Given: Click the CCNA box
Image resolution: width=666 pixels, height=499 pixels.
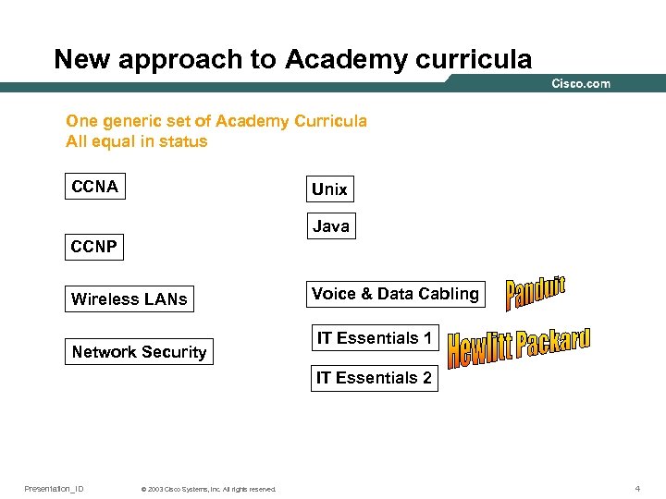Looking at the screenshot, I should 95,187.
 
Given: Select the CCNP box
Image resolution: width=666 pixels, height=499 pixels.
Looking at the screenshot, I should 95,247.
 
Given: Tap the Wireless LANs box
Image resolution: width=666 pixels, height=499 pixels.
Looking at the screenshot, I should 129,298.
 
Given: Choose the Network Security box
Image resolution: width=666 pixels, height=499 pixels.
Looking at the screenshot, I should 139,351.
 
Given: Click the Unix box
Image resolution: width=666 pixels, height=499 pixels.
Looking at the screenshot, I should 329,189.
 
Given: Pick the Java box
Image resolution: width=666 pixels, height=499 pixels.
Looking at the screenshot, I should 330,225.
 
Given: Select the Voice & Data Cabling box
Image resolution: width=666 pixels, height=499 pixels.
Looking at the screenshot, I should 395,294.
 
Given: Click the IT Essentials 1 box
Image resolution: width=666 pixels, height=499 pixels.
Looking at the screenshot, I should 375,338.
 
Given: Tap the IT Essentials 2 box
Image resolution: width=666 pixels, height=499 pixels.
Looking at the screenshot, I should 374,377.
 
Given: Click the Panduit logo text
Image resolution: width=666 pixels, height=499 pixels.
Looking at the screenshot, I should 535,293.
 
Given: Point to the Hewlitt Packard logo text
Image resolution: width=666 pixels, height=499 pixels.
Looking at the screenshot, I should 518,347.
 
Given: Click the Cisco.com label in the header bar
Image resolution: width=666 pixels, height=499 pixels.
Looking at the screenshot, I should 581,84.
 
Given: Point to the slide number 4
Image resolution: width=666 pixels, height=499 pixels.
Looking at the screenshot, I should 637,488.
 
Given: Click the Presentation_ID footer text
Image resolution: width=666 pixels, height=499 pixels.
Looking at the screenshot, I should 54,488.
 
